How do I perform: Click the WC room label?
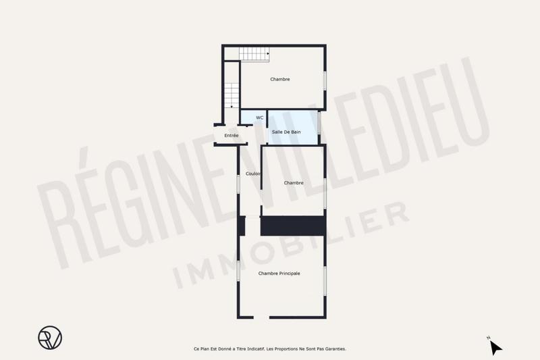(259, 118)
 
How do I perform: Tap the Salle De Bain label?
(286, 132)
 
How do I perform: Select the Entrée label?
(232, 136)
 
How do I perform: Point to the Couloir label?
(253, 174)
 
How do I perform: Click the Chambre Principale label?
(279, 274)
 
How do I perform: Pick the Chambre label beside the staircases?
(280, 80)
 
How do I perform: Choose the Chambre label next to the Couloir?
(294, 183)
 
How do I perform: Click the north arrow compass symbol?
(495, 347)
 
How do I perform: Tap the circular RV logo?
(49, 337)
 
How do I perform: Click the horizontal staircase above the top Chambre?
(254, 53)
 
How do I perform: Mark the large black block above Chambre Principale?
(293, 226)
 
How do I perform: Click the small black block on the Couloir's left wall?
(241, 226)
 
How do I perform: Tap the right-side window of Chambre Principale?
(325, 280)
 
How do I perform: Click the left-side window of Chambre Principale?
(238, 270)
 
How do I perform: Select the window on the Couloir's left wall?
(238, 184)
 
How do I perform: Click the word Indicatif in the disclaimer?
(250, 349)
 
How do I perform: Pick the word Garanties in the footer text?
(332, 349)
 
